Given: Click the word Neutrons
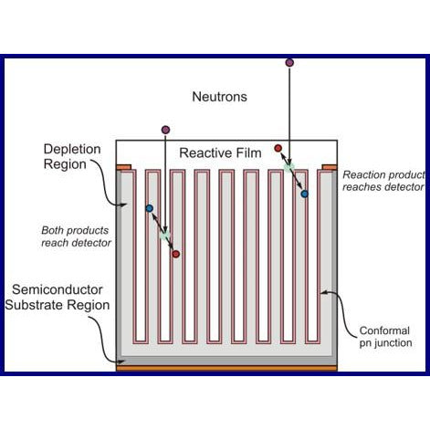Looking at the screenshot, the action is (x=219, y=97).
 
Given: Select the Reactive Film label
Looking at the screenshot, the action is (x=220, y=152).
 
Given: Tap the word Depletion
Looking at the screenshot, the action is (x=72, y=149).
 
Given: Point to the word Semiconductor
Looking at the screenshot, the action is (x=58, y=289).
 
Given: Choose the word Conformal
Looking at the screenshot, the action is (x=384, y=330).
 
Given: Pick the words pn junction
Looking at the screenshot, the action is (x=385, y=343).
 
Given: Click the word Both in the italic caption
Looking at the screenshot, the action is (x=52, y=230).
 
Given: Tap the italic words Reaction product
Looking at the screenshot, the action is (x=383, y=175).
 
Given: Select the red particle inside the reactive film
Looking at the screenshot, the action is (x=278, y=148).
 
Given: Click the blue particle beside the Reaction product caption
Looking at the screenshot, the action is (x=304, y=194).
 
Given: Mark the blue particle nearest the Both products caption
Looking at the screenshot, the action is (x=149, y=208).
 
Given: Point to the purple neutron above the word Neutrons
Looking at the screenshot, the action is (x=289, y=63).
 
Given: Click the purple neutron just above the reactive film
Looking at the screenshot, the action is (x=165, y=130).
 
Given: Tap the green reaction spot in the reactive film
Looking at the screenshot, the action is (x=289, y=167).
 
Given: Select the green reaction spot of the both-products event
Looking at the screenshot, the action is (x=164, y=235).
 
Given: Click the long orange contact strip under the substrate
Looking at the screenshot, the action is (x=226, y=369).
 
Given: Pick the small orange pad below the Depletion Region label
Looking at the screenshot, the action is (x=124, y=167).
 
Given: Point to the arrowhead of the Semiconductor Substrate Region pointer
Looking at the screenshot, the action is (x=122, y=362).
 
